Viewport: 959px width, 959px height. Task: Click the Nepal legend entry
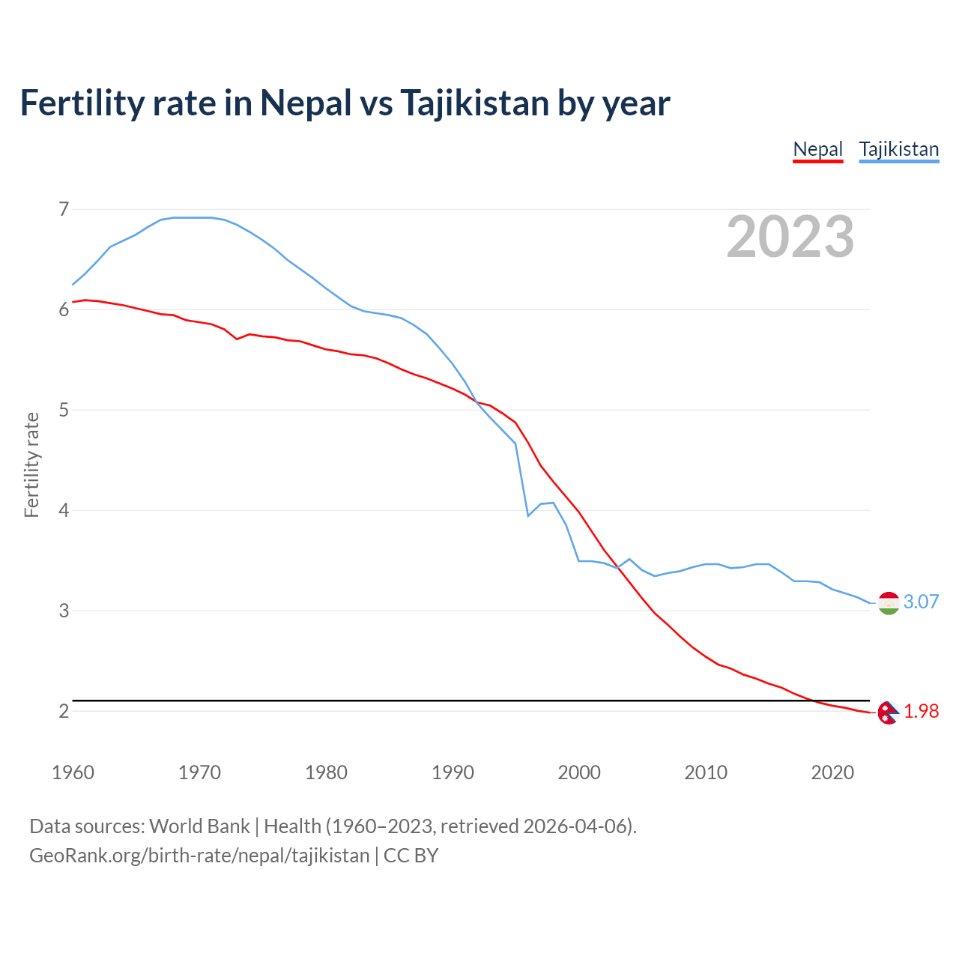click(x=818, y=149)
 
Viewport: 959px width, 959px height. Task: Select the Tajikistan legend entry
click(x=898, y=149)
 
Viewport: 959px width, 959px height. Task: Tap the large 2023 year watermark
click(x=790, y=237)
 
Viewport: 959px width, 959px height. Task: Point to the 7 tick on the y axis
click(x=64, y=209)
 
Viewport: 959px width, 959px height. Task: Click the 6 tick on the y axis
click(x=64, y=309)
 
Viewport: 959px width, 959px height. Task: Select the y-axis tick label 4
click(x=64, y=510)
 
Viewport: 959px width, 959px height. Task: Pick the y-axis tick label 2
click(x=64, y=711)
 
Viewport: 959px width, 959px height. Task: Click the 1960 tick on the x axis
click(x=73, y=772)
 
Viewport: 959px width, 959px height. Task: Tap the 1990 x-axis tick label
click(x=453, y=772)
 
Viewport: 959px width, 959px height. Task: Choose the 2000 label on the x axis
click(x=579, y=772)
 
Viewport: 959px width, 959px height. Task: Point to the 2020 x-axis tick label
click(x=832, y=772)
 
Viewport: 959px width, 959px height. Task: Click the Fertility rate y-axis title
click(x=31, y=465)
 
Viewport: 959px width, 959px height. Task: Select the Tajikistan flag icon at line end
click(x=889, y=602)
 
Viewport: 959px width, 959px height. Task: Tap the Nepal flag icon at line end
click(x=888, y=713)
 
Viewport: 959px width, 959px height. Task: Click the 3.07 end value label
click(x=921, y=602)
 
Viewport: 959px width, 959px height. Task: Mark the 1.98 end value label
click(x=921, y=711)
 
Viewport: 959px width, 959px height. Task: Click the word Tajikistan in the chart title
click(x=474, y=103)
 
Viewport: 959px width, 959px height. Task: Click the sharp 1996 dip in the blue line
click(x=528, y=515)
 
